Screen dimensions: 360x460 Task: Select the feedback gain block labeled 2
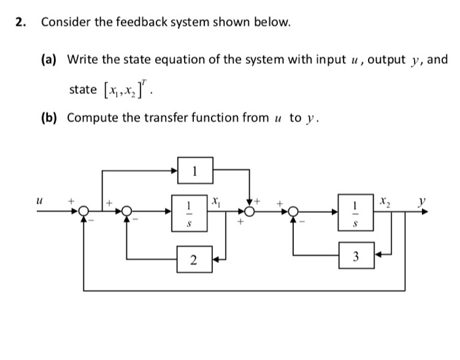pyautogui.click(x=194, y=259)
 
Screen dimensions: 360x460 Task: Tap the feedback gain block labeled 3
pyautogui.click(x=356, y=254)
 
